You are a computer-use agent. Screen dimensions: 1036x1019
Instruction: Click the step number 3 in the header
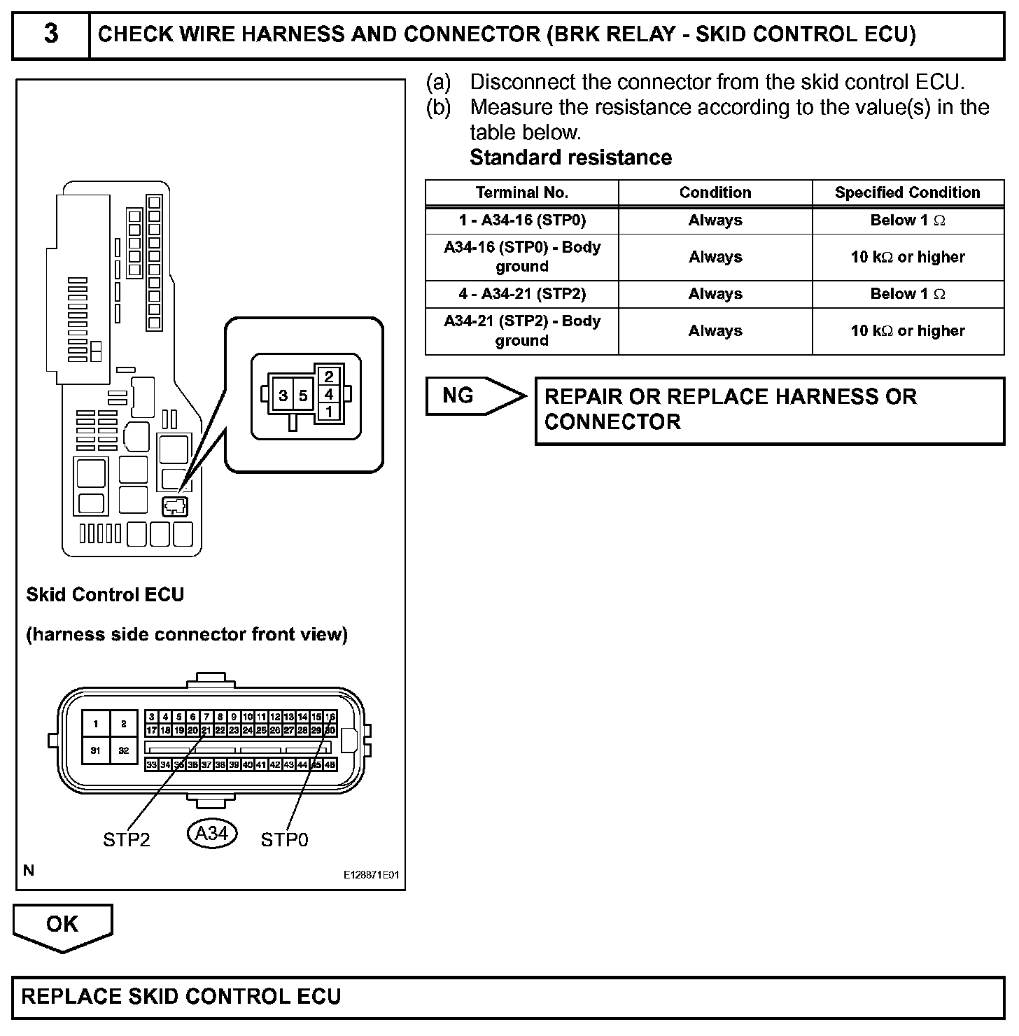pyautogui.click(x=51, y=34)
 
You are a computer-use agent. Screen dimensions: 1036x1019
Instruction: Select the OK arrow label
pyautogui.click(x=62, y=924)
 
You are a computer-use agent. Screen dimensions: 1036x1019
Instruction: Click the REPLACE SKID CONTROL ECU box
pyautogui.click(x=508, y=997)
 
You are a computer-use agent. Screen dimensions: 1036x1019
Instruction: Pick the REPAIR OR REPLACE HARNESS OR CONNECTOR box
pyautogui.click(x=769, y=410)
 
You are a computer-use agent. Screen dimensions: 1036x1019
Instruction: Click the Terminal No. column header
pyautogui.click(x=521, y=192)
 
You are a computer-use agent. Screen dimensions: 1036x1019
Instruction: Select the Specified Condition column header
pyautogui.click(x=907, y=192)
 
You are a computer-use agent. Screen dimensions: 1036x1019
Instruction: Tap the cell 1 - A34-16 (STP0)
pyautogui.click(x=521, y=220)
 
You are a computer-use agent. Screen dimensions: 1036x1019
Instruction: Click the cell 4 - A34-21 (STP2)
pyautogui.click(x=521, y=294)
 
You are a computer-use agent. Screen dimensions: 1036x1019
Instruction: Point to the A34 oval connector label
pyautogui.click(x=212, y=834)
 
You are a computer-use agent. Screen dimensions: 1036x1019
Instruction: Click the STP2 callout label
pyautogui.click(x=126, y=839)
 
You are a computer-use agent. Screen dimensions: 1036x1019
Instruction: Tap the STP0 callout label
pyautogui.click(x=284, y=839)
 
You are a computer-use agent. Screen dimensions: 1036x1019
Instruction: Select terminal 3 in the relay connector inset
pyautogui.click(x=283, y=395)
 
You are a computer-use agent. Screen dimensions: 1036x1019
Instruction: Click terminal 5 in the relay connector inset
pyautogui.click(x=303, y=395)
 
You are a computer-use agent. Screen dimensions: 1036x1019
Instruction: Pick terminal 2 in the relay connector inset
pyautogui.click(x=329, y=377)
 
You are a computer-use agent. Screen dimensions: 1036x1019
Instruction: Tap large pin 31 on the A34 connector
pyautogui.click(x=96, y=751)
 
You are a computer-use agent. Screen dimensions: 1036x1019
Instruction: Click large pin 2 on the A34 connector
pyautogui.click(x=124, y=724)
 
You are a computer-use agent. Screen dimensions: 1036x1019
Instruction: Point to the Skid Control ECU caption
pyautogui.click(x=105, y=595)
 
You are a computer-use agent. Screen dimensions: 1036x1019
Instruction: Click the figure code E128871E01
pyautogui.click(x=371, y=875)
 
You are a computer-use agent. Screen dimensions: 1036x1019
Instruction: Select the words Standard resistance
pyautogui.click(x=570, y=157)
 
